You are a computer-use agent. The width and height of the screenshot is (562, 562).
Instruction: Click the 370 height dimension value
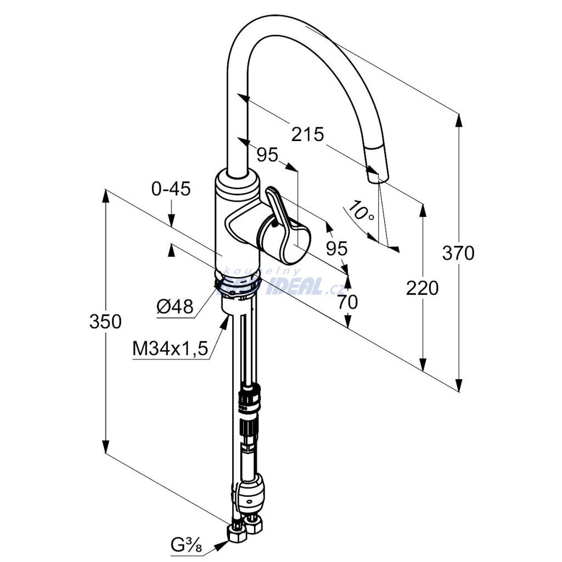pyautogui.click(x=458, y=253)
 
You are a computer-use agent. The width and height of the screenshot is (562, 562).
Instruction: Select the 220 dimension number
pyautogui.click(x=422, y=288)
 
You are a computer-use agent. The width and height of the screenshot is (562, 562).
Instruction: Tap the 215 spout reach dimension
pyautogui.click(x=307, y=134)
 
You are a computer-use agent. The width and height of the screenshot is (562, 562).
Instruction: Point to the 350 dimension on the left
pyautogui.click(x=105, y=322)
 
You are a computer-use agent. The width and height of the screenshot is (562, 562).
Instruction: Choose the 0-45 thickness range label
pyautogui.click(x=171, y=189)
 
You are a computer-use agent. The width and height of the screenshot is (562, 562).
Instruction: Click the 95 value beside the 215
pyautogui.click(x=267, y=155)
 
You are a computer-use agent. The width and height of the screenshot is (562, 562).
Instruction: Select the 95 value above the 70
pyautogui.click(x=336, y=249)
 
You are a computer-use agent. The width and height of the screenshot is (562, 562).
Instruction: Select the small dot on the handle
pyautogui.click(x=274, y=223)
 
